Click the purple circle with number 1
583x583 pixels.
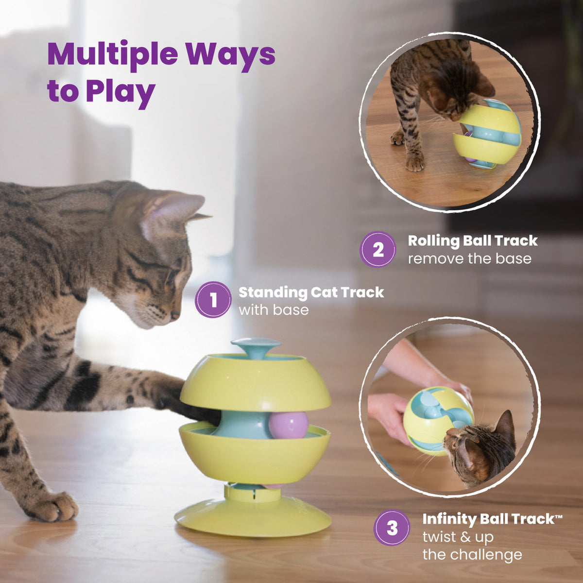point(213,300)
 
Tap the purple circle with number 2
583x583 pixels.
point(377,249)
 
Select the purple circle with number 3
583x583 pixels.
point(392,528)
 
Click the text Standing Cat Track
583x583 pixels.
point(311,292)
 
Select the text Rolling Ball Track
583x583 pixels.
point(472,240)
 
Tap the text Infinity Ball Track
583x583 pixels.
point(488,519)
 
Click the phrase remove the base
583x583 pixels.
point(469,258)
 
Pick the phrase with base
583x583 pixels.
point(274,310)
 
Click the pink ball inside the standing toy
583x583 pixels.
point(289,425)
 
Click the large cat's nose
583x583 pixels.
point(174,315)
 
